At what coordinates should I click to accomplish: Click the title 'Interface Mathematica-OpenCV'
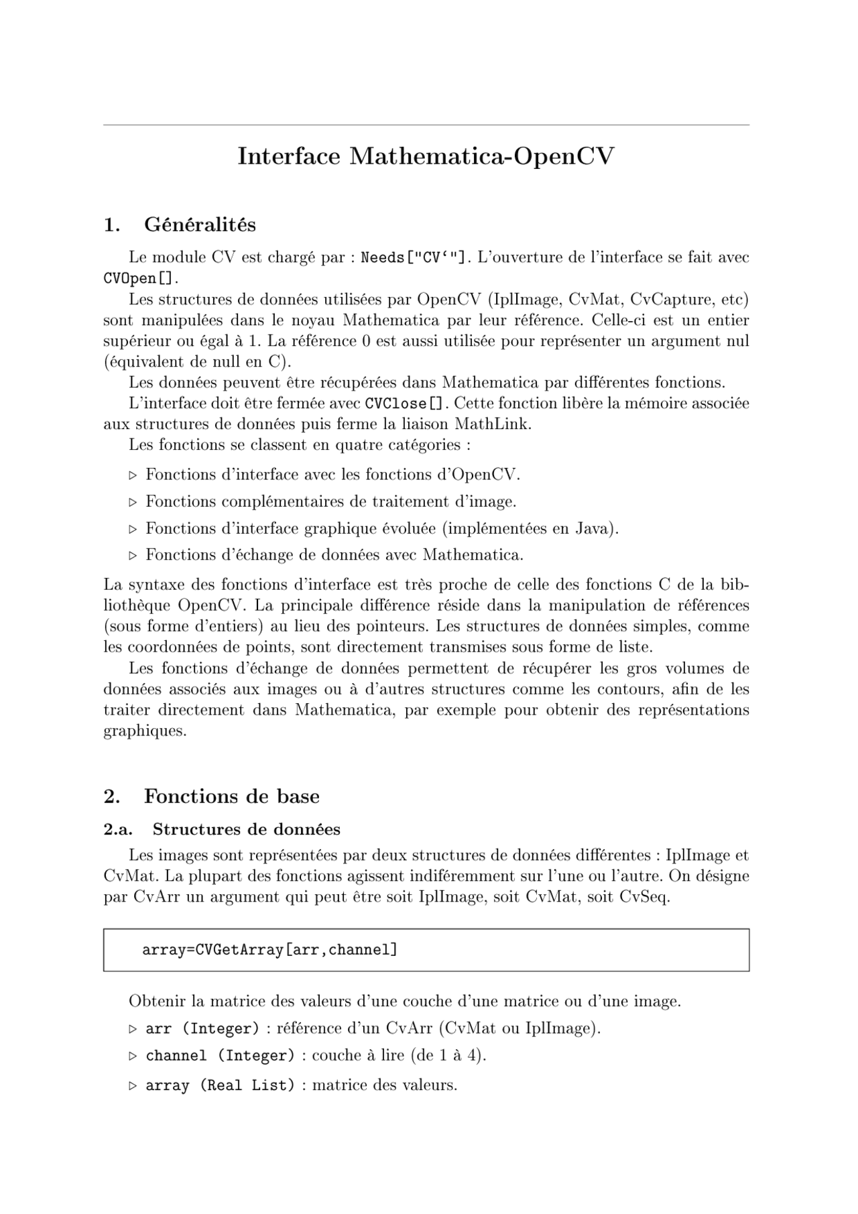(426, 156)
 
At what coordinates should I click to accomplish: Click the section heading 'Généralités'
(200, 225)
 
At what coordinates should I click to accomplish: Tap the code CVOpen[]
(140, 278)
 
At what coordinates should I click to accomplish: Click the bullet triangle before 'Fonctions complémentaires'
(133, 502)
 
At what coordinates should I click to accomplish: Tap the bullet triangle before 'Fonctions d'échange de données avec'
(133, 556)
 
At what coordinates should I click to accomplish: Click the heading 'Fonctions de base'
(231, 796)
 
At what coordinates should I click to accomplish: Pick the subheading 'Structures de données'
(246, 830)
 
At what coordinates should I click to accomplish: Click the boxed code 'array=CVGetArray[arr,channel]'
(269, 950)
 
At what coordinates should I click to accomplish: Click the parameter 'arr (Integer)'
(202, 1029)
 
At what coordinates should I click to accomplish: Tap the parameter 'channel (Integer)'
(220, 1056)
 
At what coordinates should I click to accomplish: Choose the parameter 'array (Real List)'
(220, 1085)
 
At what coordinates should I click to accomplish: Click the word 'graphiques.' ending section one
(144, 731)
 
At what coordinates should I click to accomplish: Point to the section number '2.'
(112, 796)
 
